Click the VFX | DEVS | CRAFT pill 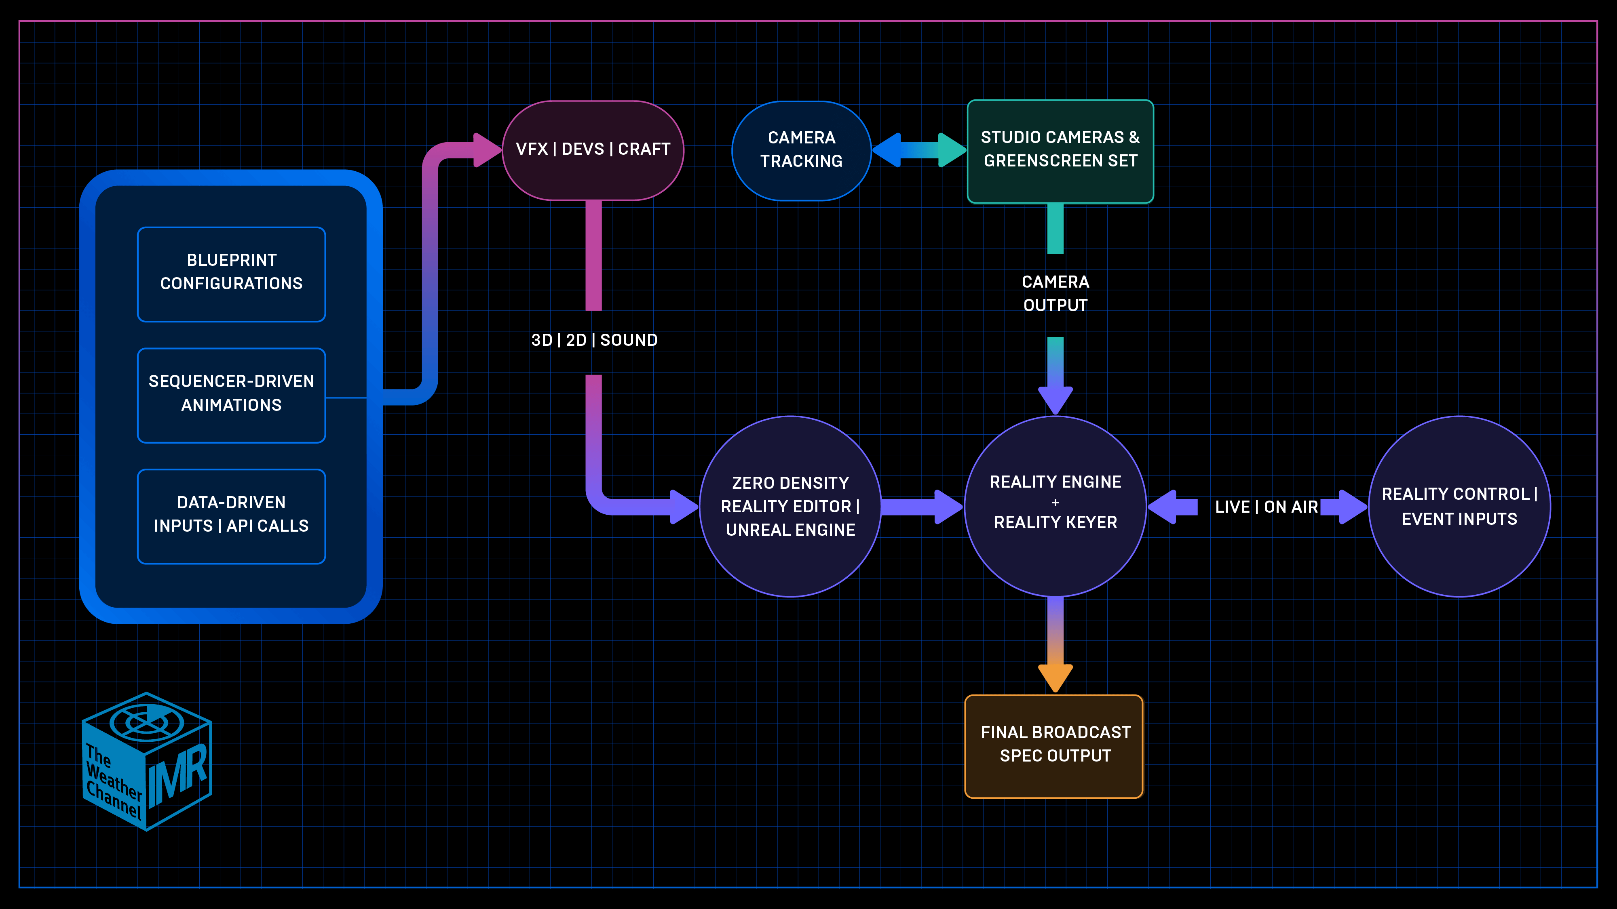[x=593, y=150]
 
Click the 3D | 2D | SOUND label [x=594, y=340]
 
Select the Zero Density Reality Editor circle [x=790, y=506]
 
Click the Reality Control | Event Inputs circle [x=1459, y=506]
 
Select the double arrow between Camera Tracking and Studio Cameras [x=919, y=150]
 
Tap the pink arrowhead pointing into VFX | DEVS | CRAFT [x=486, y=150]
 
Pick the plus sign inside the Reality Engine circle [x=1055, y=503]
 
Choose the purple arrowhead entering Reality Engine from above [x=1055, y=399]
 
